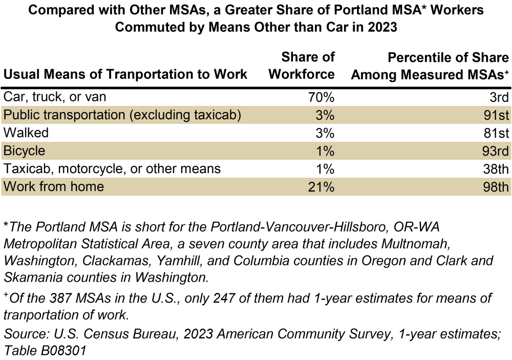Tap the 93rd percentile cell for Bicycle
click(x=496, y=151)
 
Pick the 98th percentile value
click(x=496, y=187)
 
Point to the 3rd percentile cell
click(x=498, y=97)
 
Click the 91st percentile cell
click(x=497, y=115)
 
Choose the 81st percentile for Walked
click(x=497, y=133)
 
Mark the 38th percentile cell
click(x=496, y=169)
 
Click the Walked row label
click(x=26, y=133)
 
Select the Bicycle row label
click(x=24, y=151)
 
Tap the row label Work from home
click(x=54, y=187)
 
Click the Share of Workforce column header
click(x=302, y=66)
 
